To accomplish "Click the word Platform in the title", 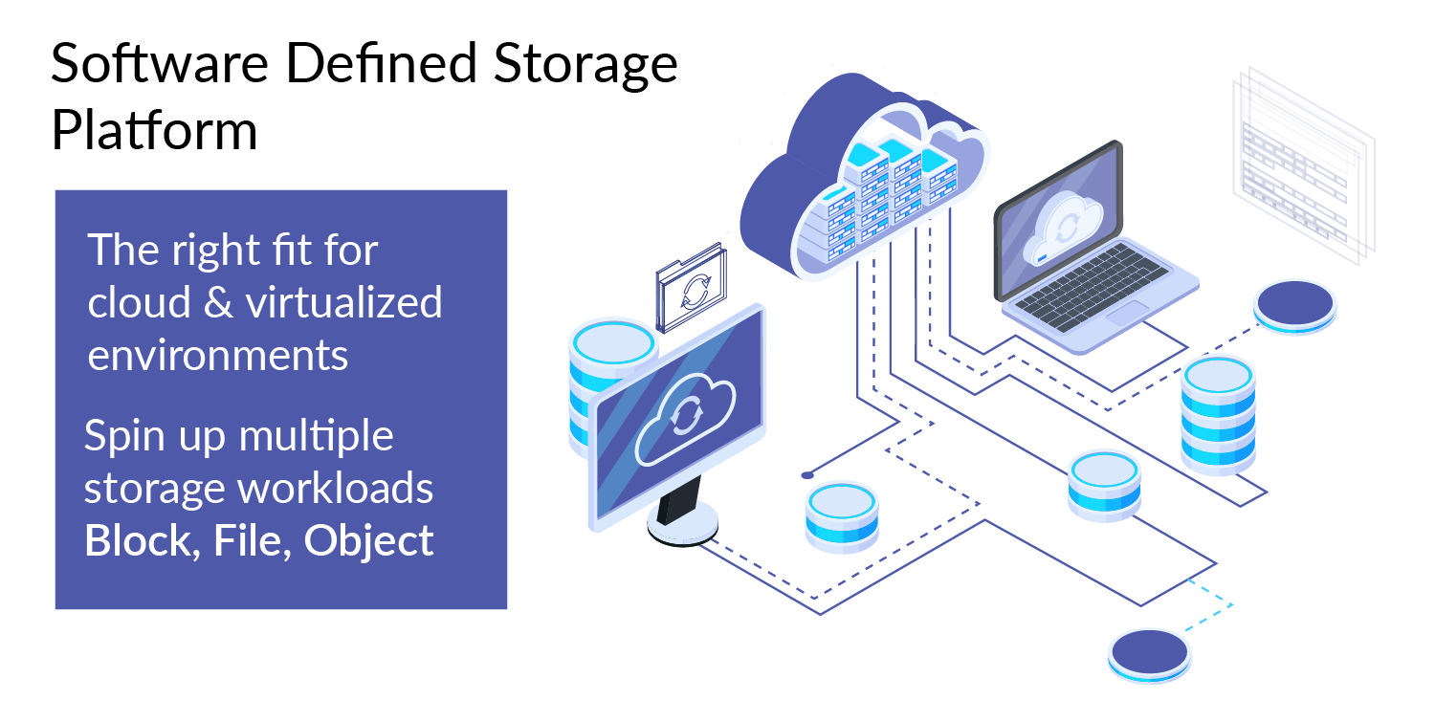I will [x=154, y=131].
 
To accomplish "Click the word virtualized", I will [x=344, y=303].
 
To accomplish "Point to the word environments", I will [x=218, y=355].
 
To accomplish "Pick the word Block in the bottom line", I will [x=135, y=540].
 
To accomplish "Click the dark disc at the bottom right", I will [x=1149, y=651].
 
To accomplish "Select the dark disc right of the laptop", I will [x=1294, y=304].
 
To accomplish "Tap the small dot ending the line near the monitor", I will [x=806, y=474].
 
